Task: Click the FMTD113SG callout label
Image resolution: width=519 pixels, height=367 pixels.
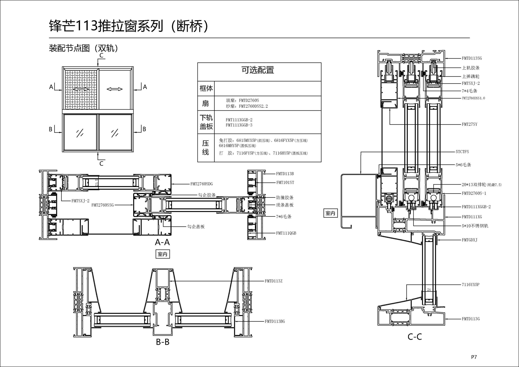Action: pos(471,58)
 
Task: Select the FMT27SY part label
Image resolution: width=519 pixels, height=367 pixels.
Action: pos(469,124)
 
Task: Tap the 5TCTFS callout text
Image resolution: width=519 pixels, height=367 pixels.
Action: pos(462,152)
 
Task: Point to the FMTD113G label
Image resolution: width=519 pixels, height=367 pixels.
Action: pos(470,319)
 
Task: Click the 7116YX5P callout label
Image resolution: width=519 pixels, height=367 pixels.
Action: pos(470,285)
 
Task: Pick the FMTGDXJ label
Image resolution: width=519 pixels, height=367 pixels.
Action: pos(469,240)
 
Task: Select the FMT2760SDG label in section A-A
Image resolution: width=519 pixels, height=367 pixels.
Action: pos(201,184)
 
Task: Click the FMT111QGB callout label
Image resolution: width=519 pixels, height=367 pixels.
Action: pos(286,233)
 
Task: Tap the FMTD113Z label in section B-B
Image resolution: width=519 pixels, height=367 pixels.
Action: pos(273,281)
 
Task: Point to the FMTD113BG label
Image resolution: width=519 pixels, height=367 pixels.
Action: pos(275,321)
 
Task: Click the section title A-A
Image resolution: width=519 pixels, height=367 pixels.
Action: pos(162,242)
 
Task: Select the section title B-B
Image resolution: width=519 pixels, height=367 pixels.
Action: pos(162,342)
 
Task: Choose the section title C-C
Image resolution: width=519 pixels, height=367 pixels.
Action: pos(414,337)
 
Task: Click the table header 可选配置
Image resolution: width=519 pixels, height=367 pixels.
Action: pos(258,70)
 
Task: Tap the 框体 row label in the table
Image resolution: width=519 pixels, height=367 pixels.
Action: pos(206,88)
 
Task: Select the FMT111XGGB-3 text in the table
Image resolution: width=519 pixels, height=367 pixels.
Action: pos(239,125)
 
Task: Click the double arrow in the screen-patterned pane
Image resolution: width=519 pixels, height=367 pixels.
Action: pos(81,89)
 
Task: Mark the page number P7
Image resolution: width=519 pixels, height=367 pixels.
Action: pos(474,357)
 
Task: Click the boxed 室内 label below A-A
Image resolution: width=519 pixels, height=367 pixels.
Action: pos(162,254)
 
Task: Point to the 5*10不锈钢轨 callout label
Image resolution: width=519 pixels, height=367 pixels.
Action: pos(475,226)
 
